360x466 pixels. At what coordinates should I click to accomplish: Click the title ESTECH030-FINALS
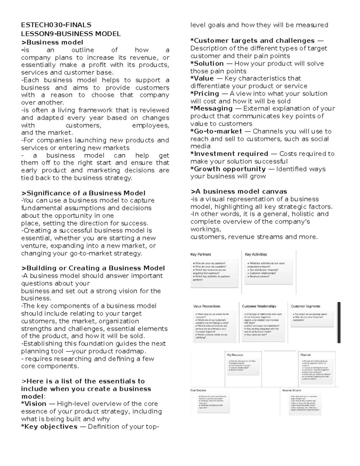[x=56, y=25]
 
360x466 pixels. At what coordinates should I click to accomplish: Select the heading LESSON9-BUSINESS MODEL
[x=71, y=34]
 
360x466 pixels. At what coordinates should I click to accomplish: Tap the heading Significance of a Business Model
[x=83, y=193]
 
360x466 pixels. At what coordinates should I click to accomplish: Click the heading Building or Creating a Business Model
[x=93, y=268]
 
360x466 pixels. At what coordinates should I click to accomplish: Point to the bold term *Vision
[x=34, y=404]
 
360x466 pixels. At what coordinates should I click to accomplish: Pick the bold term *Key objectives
[x=49, y=426]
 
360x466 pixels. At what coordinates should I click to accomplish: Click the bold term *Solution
[x=207, y=63]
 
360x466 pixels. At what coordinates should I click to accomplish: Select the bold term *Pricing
[x=205, y=93]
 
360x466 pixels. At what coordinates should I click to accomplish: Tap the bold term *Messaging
[x=211, y=108]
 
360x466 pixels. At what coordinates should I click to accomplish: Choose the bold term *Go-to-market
[x=216, y=131]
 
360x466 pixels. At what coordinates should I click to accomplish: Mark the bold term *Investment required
[x=229, y=154]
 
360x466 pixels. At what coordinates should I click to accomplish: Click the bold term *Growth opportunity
[x=228, y=169]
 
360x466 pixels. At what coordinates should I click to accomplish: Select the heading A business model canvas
[x=239, y=191]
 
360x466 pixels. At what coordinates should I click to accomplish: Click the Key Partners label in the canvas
[x=201, y=254]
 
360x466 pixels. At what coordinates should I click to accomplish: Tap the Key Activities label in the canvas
[x=256, y=254]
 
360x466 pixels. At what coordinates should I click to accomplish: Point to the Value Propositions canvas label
[x=207, y=306]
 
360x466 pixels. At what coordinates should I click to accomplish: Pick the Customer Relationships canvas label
[x=259, y=306]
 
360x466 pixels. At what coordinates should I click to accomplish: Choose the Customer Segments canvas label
[x=305, y=306]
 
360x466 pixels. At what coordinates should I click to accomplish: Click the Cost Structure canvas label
[x=198, y=390]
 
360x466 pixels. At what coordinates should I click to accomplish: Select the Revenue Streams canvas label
[x=291, y=390]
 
